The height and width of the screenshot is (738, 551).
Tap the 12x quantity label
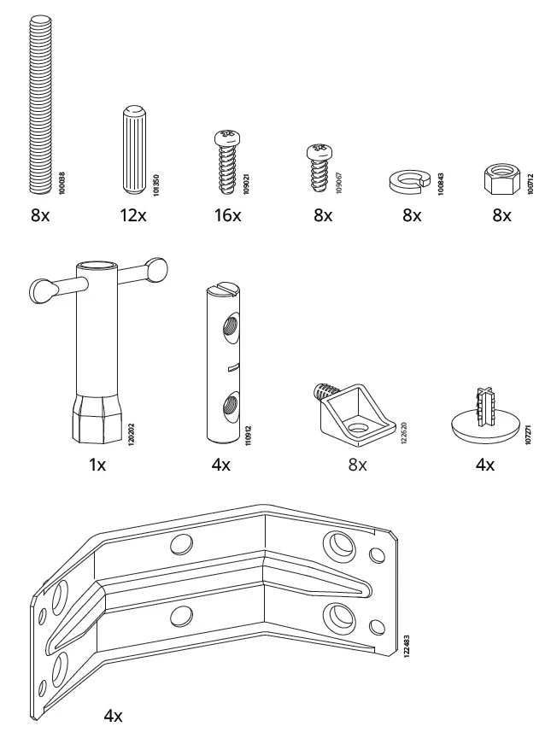point(133,216)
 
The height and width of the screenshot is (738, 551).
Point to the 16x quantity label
point(227,216)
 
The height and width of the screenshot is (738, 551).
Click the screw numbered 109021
point(226,161)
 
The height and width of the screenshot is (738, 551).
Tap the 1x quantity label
point(97,466)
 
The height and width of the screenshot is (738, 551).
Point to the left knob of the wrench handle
point(42,290)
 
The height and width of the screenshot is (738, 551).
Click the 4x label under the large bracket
point(113,716)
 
